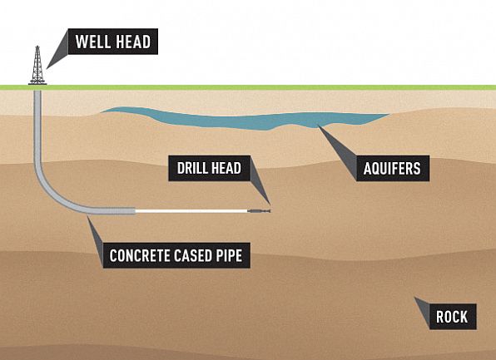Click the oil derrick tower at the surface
[x=37, y=66]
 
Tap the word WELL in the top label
[x=93, y=42]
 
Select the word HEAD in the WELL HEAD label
[x=133, y=42]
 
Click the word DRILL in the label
[x=191, y=168]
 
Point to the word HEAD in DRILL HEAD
[x=225, y=168]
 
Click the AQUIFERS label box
[x=393, y=168]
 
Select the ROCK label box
[x=453, y=317]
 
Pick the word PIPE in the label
[x=230, y=255]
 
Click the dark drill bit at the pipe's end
[x=259, y=211]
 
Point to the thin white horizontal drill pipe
[x=191, y=211]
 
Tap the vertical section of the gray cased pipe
[x=37, y=126]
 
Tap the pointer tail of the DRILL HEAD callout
[x=259, y=180]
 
